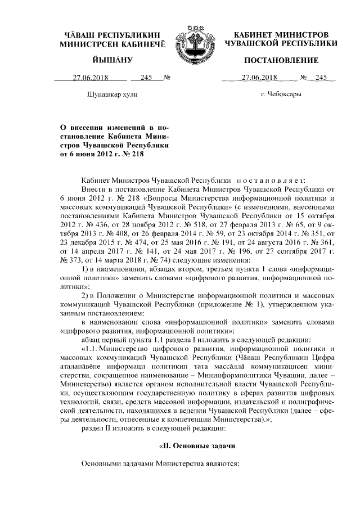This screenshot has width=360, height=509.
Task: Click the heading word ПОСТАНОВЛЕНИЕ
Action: click(280, 60)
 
